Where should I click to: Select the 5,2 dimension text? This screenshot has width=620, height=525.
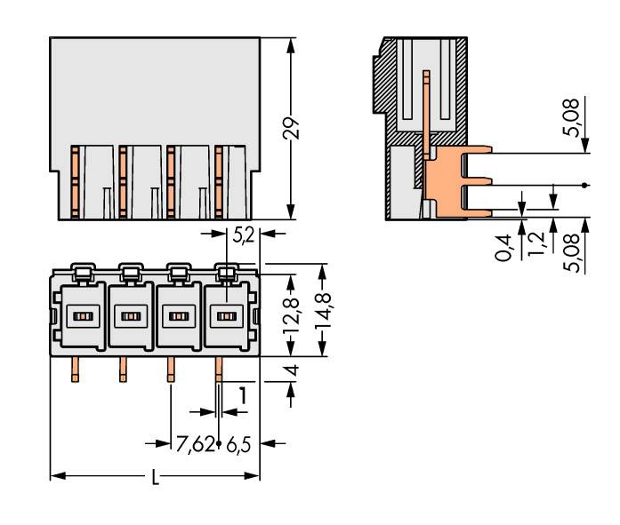tap(242, 237)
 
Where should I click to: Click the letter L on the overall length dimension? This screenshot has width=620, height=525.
tap(156, 478)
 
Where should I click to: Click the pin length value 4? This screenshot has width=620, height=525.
tap(293, 370)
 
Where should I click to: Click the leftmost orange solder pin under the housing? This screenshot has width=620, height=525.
tap(75, 370)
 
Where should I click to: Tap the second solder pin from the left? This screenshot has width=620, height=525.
tap(123, 370)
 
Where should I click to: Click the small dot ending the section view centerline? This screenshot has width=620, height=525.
tap(584, 185)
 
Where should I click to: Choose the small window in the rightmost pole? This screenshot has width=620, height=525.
tap(227, 316)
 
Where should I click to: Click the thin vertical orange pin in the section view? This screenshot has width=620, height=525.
tap(428, 111)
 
